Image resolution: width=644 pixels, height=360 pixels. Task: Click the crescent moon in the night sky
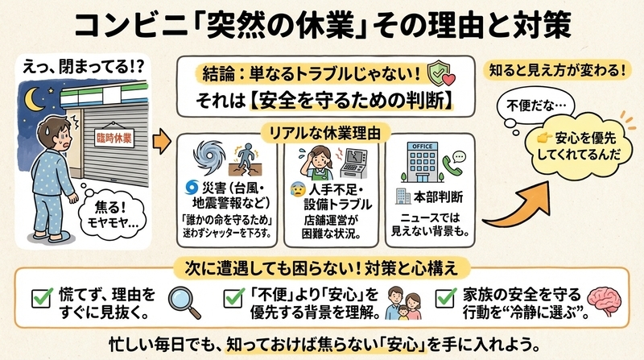tap(32, 99)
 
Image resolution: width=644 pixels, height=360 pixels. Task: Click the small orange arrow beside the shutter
tap(162, 142)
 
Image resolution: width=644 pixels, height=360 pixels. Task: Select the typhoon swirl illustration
tap(209, 158)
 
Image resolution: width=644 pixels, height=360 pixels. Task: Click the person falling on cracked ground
tap(246, 160)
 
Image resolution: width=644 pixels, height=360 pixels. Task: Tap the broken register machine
tap(354, 163)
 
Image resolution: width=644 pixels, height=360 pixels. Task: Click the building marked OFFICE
tap(422, 162)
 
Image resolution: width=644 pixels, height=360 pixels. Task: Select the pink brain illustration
tap(605, 301)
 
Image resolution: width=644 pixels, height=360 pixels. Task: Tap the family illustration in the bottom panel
tap(404, 304)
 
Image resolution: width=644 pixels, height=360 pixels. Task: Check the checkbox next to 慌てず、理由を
tap(42, 297)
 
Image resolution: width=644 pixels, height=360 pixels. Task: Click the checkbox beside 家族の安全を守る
tap(446, 297)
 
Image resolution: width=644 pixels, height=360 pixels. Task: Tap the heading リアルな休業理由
tap(324, 133)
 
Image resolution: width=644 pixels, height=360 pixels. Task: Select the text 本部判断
tap(438, 197)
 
